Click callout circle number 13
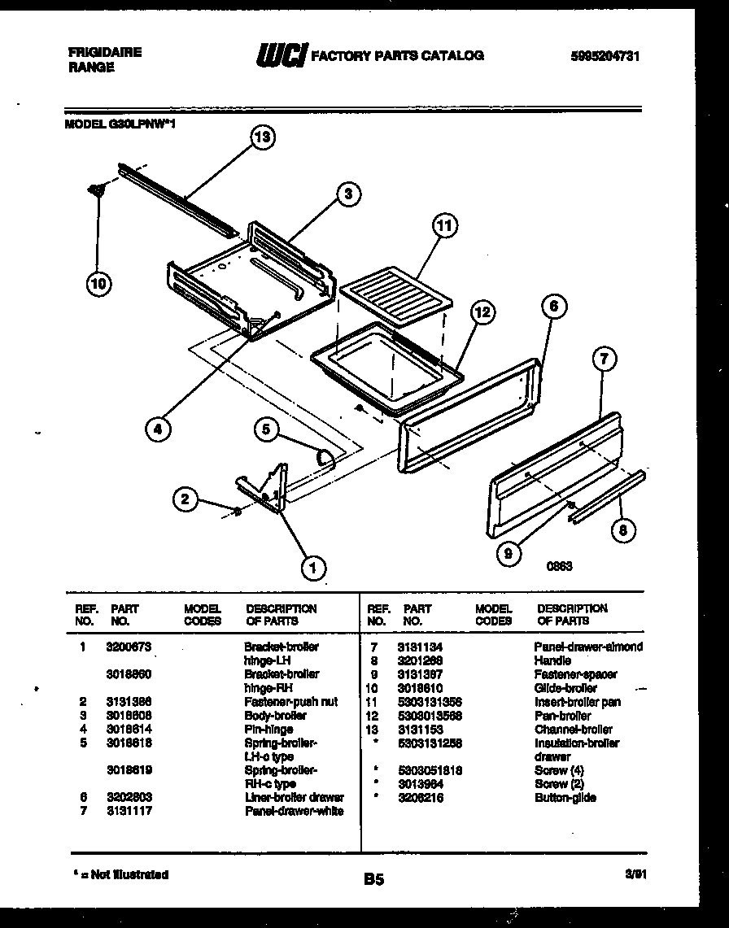pyautogui.click(x=261, y=137)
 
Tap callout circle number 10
pyautogui.click(x=98, y=283)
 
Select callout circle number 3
pyautogui.click(x=347, y=194)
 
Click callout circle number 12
pyautogui.click(x=482, y=312)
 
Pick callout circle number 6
pyautogui.click(x=553, y=307)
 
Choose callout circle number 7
pyautogui.click(x=604, y=359)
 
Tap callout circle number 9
pyautogui.click(x=509, y=554)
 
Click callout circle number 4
pyautogui.click(x=159, y=429)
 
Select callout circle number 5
pyautogui.click(x=265, y=429)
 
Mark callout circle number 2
pyautogui.click(x=186, y=499)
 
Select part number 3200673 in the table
pyautogui.click(x=129, y=647)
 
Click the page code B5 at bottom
pyautogui.click(x=373, y=879)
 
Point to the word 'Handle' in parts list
pyautogui.click(x=552, y=660)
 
